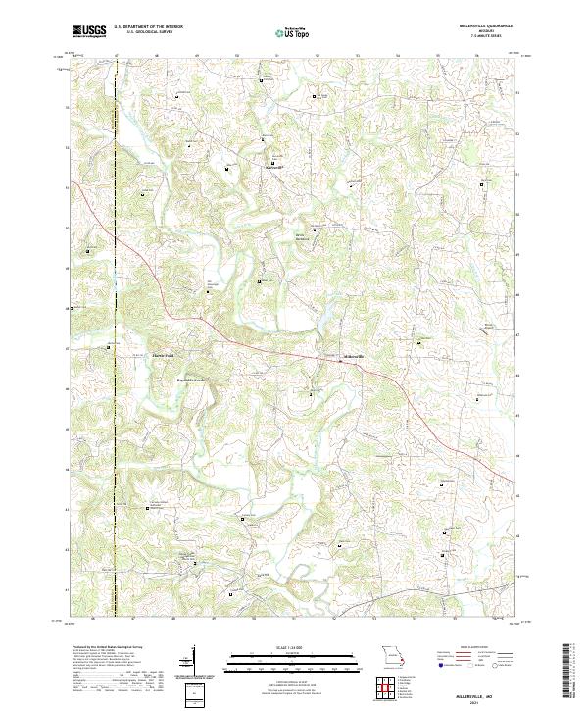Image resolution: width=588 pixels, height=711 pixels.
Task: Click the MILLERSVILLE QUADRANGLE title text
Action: point(486,26)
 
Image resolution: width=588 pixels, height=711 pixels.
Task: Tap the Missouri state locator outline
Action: point(395,654)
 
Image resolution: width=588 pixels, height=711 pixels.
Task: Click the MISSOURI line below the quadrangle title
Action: point(486,31)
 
